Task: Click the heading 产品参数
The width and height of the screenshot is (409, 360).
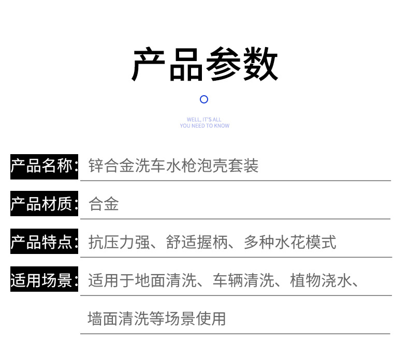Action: [204, 65]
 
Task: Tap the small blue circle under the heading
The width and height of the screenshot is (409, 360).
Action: [204, 99]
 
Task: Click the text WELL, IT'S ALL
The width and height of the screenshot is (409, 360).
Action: [204, 119]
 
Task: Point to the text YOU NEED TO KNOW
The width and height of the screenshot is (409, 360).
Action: [204, 126]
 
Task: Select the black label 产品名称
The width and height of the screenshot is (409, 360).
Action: [44, 166]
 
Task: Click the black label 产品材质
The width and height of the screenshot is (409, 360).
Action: [44, 204]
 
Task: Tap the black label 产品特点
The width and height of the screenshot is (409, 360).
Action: [44, 242]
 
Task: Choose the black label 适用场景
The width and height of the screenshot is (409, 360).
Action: [44, 280]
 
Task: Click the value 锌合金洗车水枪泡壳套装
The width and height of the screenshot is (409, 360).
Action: [173, 166]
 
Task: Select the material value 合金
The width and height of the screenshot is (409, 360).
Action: [104, 204]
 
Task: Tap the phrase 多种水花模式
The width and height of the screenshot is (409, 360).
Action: [290, 242]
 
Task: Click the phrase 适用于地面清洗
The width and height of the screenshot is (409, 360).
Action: [142, 281]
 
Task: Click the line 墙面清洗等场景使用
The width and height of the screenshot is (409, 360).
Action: [157, 319]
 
